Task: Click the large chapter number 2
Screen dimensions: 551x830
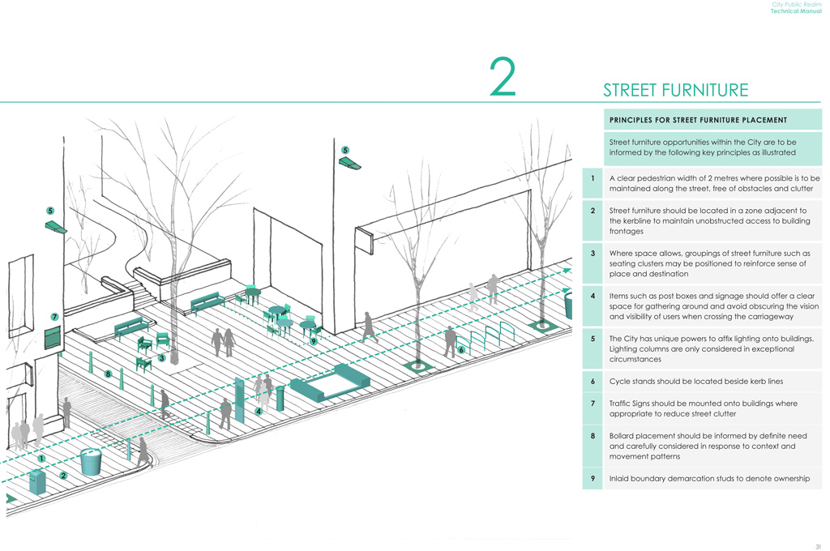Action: [503, 79]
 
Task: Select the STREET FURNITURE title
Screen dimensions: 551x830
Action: [675, 90]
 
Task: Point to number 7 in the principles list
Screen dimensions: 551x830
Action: [593, 403]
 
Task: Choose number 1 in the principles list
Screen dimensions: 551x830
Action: [593, 178]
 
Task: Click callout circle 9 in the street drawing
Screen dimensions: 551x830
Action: [313, 342]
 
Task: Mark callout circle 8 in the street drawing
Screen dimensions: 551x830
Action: [107, 374]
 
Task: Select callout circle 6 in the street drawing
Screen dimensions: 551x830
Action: [460, 350]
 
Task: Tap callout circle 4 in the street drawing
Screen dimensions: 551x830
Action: [258, 411]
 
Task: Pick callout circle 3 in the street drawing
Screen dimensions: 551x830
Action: [162, 357]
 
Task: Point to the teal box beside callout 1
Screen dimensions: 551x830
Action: [37, 481]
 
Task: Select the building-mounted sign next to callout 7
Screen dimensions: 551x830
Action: [53, 336]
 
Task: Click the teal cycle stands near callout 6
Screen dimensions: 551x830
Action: [492, 335]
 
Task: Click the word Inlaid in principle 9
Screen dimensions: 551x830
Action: [622, 478]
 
